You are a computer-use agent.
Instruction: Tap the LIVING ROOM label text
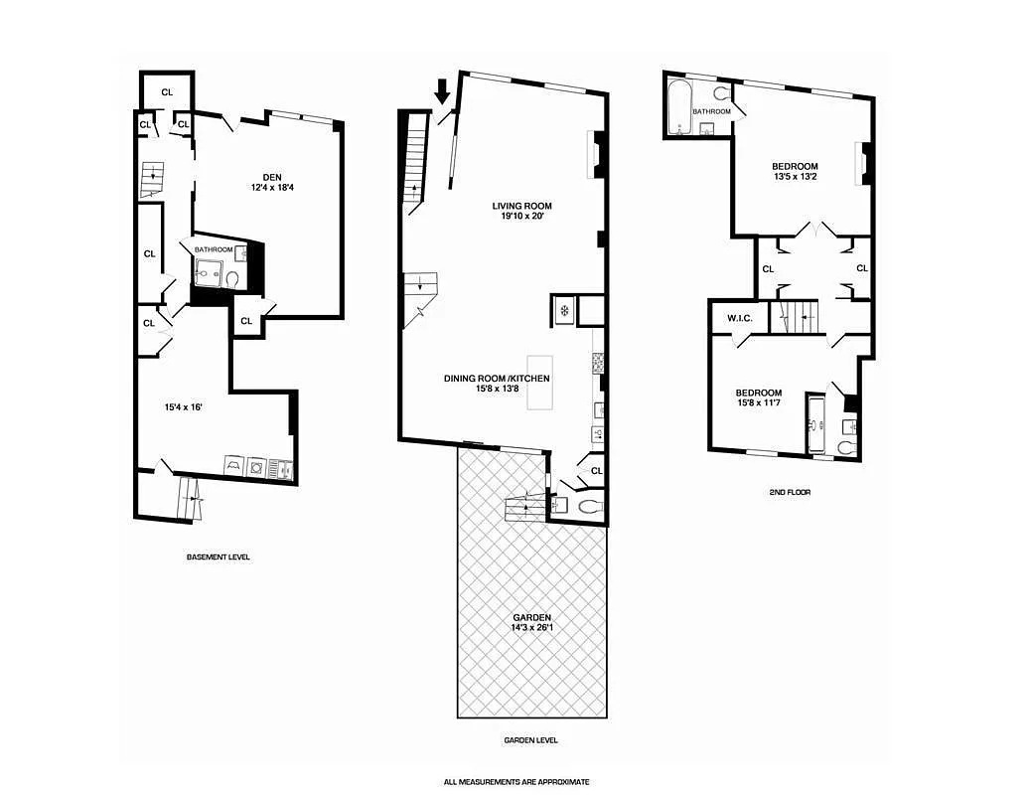pos(521,207)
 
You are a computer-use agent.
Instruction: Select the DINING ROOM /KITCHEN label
pos(497,379)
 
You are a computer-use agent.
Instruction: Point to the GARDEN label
pos(531,617)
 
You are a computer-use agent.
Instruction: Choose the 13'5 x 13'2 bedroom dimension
pos(794,177)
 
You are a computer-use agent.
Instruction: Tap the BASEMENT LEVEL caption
pos(219,557)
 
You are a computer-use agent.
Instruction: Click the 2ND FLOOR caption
pos(790,492)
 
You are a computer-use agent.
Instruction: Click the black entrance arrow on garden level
pos(443,96)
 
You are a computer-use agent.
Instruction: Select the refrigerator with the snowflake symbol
pos(562,311)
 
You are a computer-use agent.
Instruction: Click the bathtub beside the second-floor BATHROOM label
pos(680,107)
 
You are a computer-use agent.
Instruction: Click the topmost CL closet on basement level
pos(166,91)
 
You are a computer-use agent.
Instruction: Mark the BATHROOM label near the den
pos(214,249)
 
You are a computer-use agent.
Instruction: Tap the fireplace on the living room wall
pos(596,155)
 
